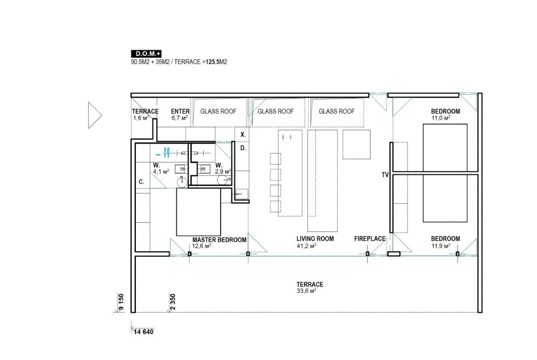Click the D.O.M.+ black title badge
146,54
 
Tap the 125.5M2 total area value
216,62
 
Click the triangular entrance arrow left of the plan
95,115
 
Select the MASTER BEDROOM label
219,240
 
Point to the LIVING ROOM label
315,239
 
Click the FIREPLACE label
370,239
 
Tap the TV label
385,175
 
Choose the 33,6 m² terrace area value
306,291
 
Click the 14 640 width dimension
144,332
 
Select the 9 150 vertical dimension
121,302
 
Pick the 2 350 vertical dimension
173,302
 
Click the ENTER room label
180,111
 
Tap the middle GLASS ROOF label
276,111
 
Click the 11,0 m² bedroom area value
441,118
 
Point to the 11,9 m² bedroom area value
441,246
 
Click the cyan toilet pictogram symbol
167,153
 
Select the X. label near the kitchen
243,135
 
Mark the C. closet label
141,182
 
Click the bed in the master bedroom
199,212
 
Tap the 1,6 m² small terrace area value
141,118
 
